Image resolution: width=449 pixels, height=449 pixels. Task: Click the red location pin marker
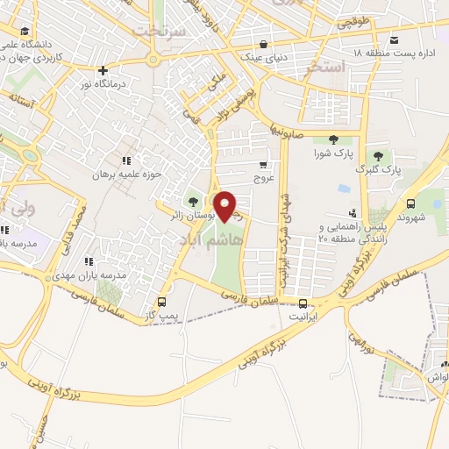(x=225, y=206)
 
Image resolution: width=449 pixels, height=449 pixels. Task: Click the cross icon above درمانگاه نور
(x=103, y=70)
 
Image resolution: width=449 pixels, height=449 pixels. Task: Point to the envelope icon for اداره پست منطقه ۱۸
(x=394, y=40)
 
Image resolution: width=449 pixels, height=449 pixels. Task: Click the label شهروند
(x=410, y=216)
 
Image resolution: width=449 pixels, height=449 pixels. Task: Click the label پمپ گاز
(x=160, y=313)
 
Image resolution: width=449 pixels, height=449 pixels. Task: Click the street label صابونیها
(x=289, y=131)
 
